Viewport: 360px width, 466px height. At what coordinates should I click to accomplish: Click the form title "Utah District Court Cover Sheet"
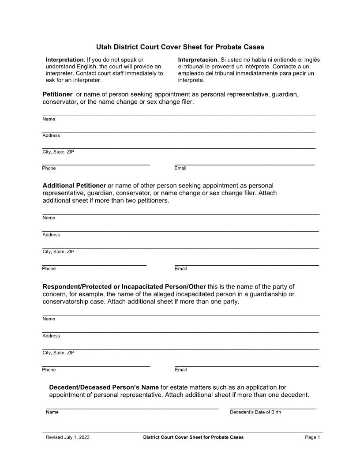[180, 47]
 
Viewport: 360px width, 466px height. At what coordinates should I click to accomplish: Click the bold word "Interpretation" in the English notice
[64, 60]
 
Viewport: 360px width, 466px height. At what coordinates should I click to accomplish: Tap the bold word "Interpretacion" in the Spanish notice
[197, 60]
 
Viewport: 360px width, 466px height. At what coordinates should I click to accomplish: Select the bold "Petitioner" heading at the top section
[57, 94]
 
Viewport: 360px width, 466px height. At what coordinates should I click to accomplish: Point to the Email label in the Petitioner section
[180, 168]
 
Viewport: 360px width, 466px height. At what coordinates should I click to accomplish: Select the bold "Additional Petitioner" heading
[74, 185]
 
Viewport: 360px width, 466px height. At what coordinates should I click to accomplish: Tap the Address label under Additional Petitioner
[51, 235]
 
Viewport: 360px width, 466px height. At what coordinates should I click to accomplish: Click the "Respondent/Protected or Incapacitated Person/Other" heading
[124, 286]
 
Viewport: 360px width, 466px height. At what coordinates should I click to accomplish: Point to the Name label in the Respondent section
[49, 319]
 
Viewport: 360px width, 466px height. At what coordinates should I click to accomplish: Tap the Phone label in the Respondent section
[49, 370]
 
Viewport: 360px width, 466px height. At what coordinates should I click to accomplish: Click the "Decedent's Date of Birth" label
[255, 412]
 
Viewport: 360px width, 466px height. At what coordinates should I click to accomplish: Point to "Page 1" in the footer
[312, 437]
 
